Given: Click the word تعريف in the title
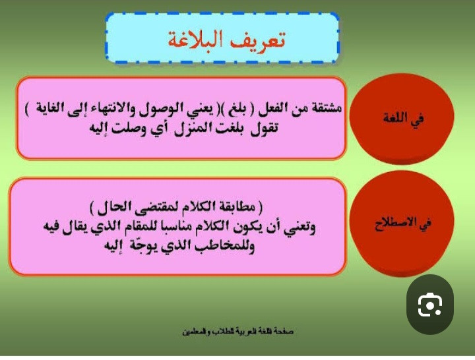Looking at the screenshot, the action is [258, 40].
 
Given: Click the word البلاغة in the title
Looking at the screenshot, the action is [196, 40].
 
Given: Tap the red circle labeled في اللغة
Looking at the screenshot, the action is [402, 119].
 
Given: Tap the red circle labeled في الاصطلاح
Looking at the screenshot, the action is [402, 224].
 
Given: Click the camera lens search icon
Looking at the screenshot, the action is [430, 305].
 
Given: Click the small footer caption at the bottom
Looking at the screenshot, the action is [237, 332].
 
